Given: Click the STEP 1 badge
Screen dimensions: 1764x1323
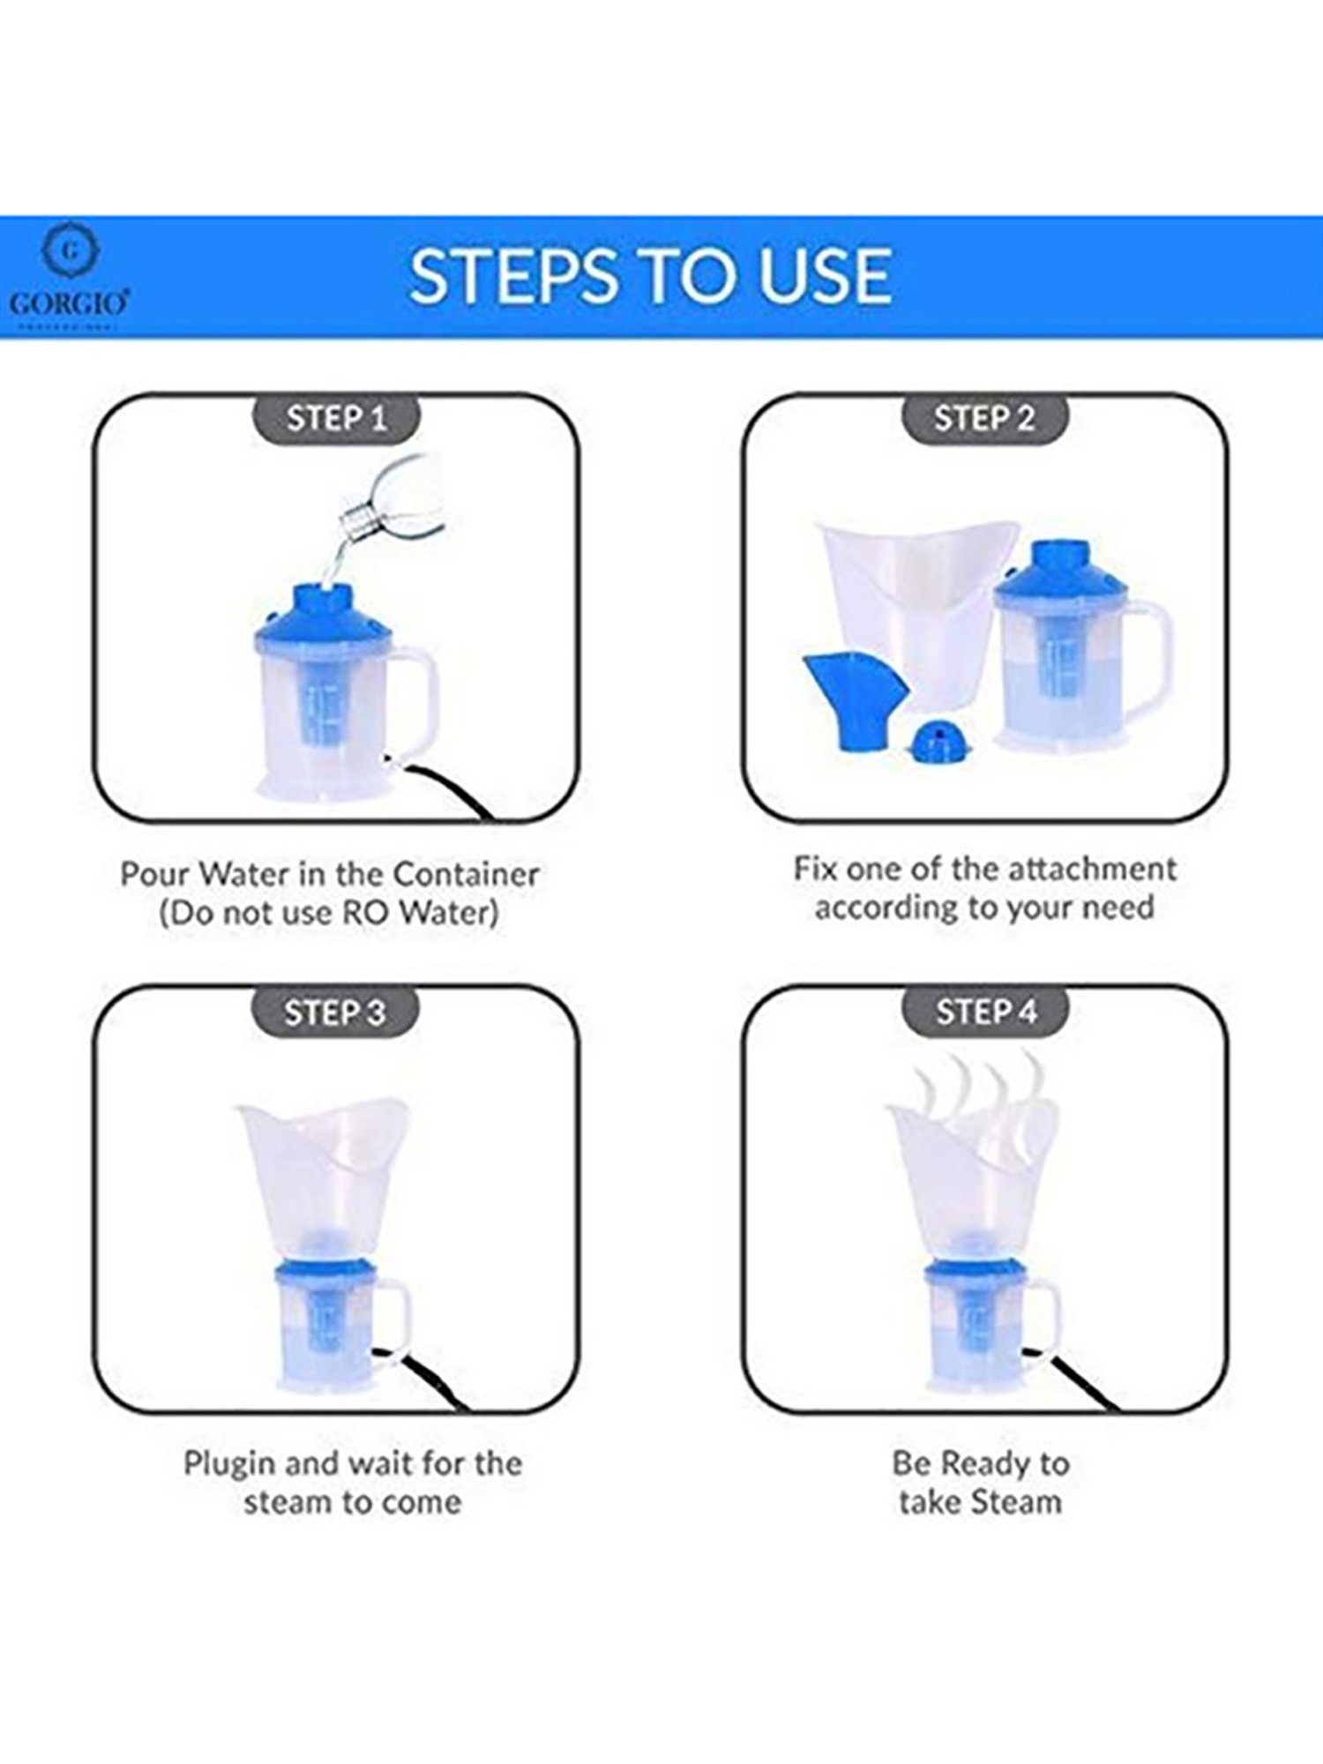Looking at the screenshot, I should [336, 418].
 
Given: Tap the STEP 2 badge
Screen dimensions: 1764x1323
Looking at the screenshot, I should [984, 418].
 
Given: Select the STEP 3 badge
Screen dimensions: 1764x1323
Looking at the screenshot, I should [335, 1012].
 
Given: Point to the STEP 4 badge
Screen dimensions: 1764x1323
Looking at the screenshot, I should [985, 1012].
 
